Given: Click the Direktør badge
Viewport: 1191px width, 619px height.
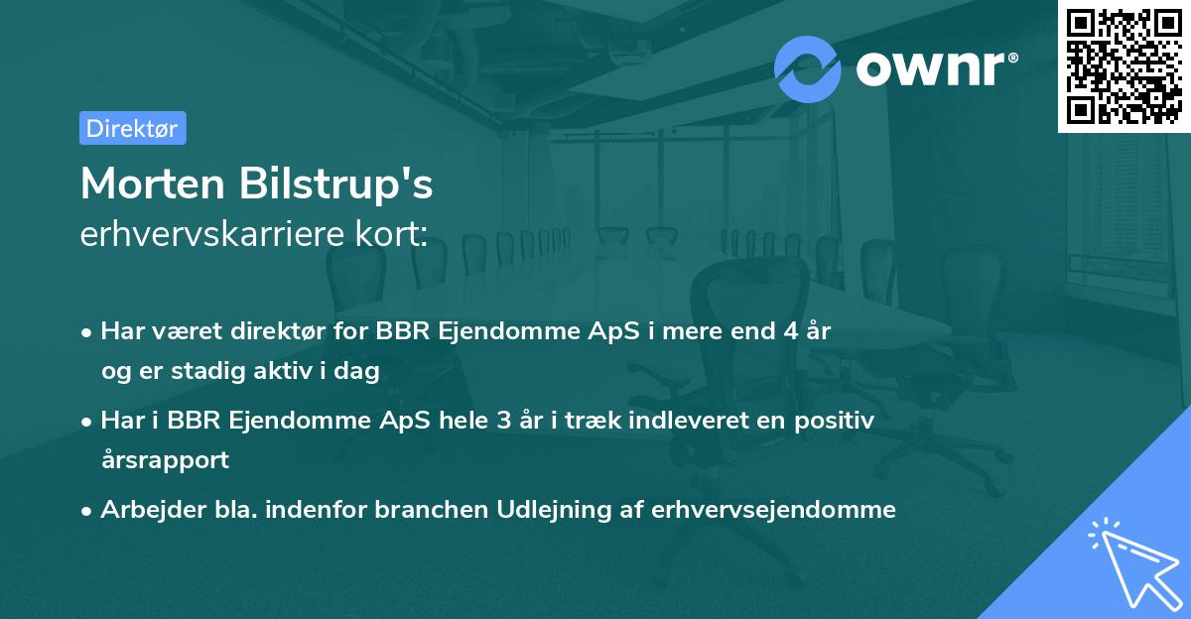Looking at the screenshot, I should pyautogui.click(x=132, y=128).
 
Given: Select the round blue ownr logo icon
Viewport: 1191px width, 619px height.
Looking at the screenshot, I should pyautogui.click(x=808, y=68).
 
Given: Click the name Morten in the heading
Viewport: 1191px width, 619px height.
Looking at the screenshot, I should pyautogui.click(x=154, y=184).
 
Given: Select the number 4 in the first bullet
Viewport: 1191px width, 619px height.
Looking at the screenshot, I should pyautogui.click(x=785, y=331).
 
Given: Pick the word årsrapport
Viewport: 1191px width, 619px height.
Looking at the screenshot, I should pyautogui.click(x=165, y=459).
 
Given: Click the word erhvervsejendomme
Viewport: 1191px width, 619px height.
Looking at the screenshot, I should pyautogui.click(x=774, y=510).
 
